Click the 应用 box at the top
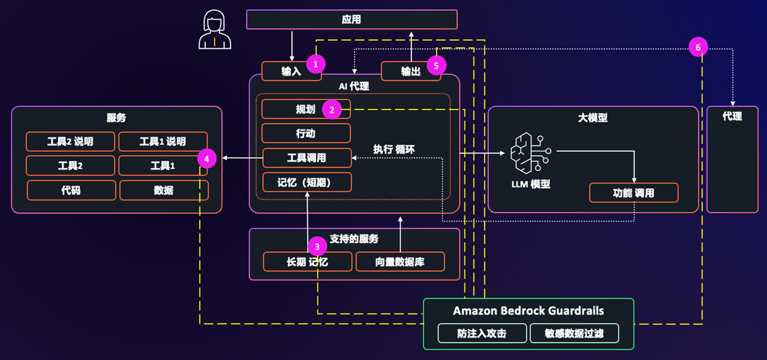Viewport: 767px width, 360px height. pyautogui.click(x=352, y=20)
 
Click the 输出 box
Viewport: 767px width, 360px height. pyautogui.click(x=406, y=71)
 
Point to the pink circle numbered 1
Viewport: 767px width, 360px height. pyautogui.click(x=316, y=64)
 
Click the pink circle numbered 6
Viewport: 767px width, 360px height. pyautogui.click(x=698, y=48)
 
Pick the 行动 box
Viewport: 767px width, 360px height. pyautogui.click(x=306, y=133)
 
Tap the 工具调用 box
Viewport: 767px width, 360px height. pyautogui.click(x=306, y=158)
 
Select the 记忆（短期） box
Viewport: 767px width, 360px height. pyautogui.click(x=306, y=182)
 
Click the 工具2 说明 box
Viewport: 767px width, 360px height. pyautogui.click(x=70, y=141)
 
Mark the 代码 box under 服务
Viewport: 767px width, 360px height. pyautogui.click(x=71, y=190)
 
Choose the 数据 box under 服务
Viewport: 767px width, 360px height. pyautogui.click(x=163, y=190)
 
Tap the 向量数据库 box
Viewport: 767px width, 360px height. pyautogui.click(x=400, y=262)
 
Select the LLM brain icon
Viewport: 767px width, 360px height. pyautogui.click(x=530, y=155)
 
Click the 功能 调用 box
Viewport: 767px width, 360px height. pyautogui.click(x=633, y=193)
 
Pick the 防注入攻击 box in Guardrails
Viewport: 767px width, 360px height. pyautogui.click(x=482, y=333)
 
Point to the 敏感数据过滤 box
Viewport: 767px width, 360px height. pyautogui.click(x=574, y=333)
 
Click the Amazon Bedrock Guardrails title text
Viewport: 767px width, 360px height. pyautogui.click(x=528, y=311)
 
